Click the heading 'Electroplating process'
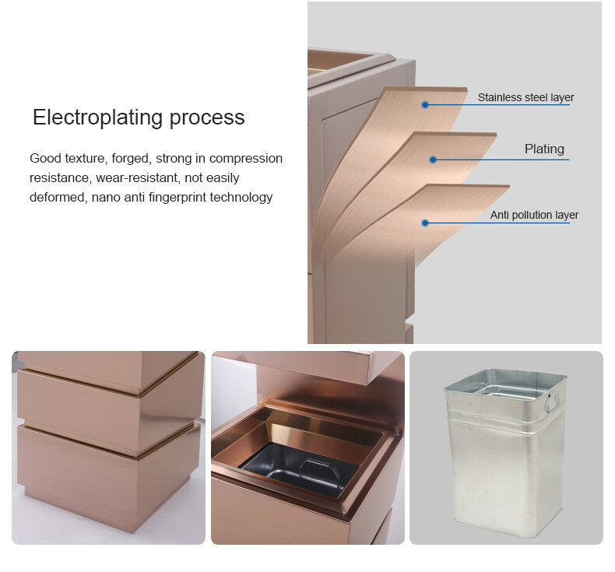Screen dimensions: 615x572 (x=139, y=118)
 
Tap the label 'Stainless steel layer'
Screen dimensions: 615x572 (x=525, y=97)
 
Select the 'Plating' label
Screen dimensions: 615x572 (x=544, y=149)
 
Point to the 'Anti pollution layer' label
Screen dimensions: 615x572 (x=534, y=215)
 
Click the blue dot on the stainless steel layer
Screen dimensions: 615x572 (x=425, y=105)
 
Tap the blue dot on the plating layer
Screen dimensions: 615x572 (x=433, y=160)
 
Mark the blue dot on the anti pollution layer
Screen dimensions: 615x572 (x=425, y=223)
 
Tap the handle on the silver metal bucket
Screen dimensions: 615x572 (x=552, y=402)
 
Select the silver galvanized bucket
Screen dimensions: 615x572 (x=506, y=452)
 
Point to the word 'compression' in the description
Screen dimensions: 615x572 (x=246, y=159)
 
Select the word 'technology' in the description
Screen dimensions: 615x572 (x=241, y=198)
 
